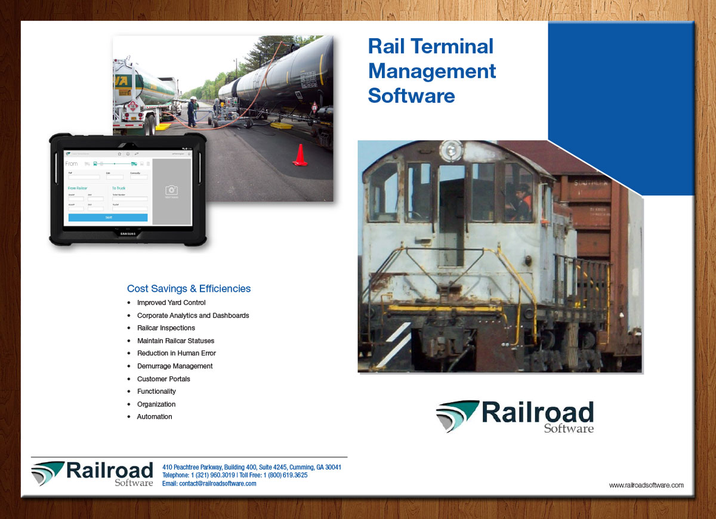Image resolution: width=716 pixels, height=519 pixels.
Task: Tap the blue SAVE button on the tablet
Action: pos(108,218)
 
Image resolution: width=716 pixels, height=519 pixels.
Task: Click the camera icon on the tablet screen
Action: pos(171,190)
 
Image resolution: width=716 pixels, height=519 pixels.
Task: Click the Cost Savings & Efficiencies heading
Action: pos(189,289)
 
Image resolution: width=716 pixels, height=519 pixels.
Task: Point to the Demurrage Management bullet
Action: pos(175,366)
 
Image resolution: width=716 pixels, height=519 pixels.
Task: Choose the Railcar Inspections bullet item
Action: pos(166,328)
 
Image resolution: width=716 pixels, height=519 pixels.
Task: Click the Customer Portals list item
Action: pos(163,379)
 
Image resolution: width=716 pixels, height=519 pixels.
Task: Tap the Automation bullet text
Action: pos(155,417)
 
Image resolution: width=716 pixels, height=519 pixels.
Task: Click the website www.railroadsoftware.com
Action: pos(646,486)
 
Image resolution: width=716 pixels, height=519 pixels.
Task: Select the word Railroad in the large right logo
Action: pos(537,413)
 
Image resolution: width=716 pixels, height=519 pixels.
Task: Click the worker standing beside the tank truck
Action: pos(192,112)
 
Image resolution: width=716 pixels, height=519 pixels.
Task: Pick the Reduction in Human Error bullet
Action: pos(177,353)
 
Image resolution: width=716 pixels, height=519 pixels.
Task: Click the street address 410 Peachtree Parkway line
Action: pos(251,467)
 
